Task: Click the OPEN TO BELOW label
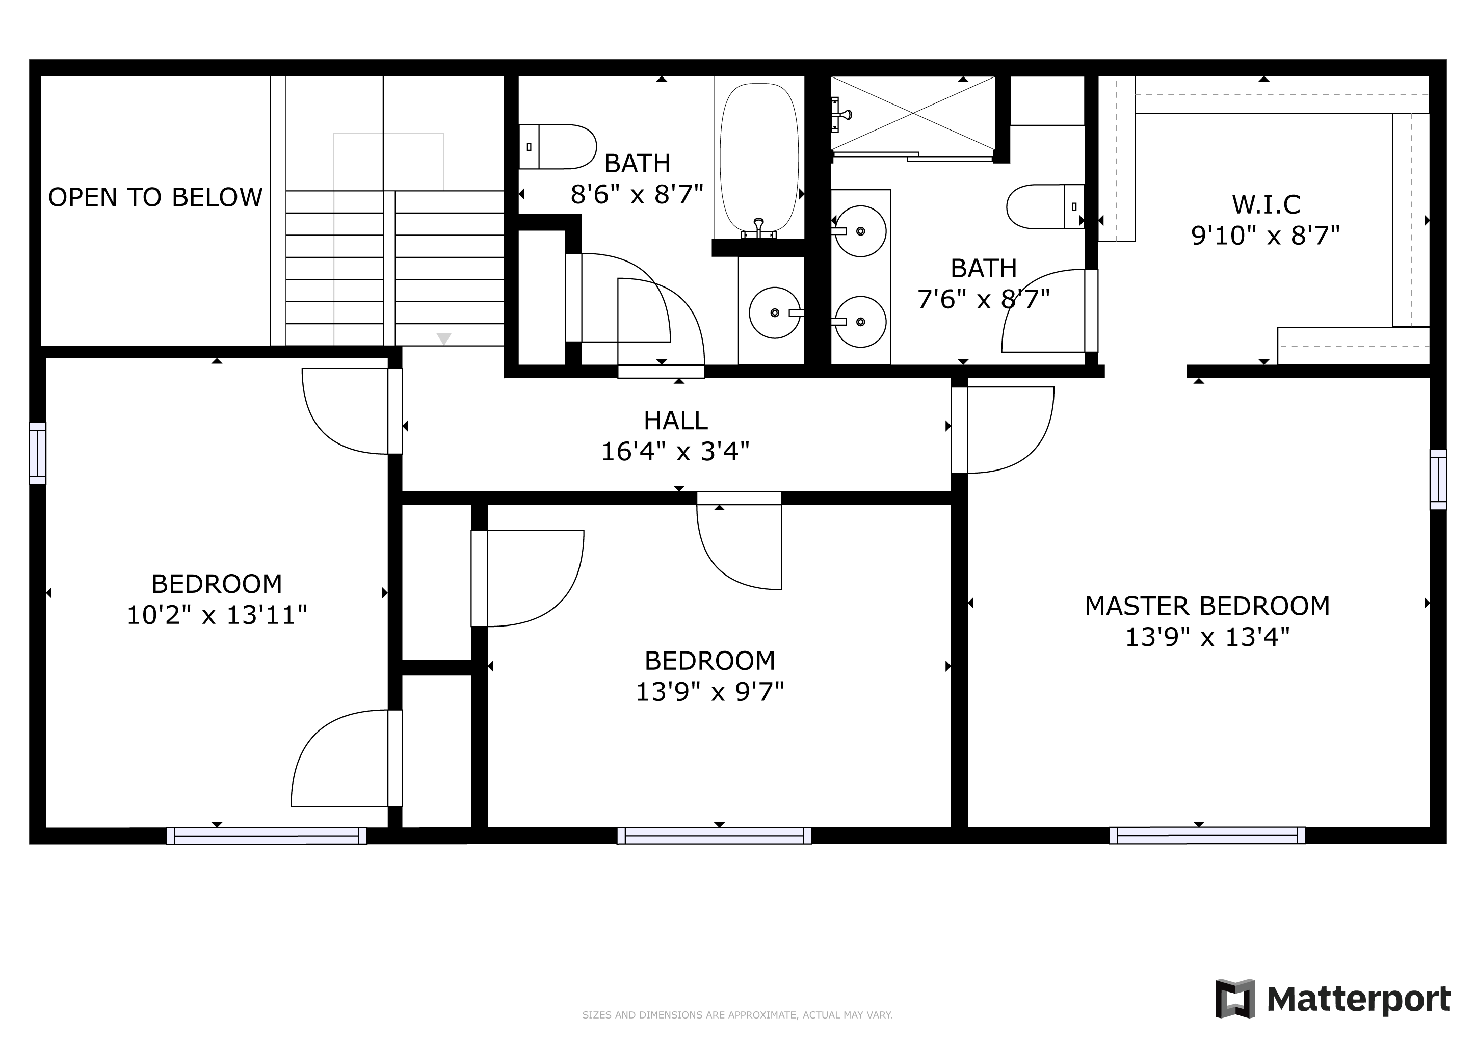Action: pyautogui.click(x=155, y=197)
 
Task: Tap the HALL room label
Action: pyautogui.click(x=676, y=421)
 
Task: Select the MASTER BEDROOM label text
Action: pyautogui.click(x=1207, y=606)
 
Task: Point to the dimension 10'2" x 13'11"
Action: pyautogui.click(x=217, y=615)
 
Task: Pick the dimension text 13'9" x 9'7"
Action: pyautogui.click(x=710, y=692)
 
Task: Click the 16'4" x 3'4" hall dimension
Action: pyautogui.click(x=675, y=451)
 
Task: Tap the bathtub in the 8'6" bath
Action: pyautogui.click(x=759, y=161)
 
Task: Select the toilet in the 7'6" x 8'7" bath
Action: pyautogui.click(x=1045, y=206)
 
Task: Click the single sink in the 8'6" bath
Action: pyautogui.click(x=776, y=312)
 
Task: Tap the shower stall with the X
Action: pyautogui.click(x=913, y=114)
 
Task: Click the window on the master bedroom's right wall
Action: pyautogui.click(x=1438, y=480)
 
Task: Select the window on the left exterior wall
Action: pyautogui.click(x=38, y=453)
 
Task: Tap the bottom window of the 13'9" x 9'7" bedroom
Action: pyautogui.click(x=714, y=836)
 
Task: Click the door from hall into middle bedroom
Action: pyautogui.click(x=740, y=541)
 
